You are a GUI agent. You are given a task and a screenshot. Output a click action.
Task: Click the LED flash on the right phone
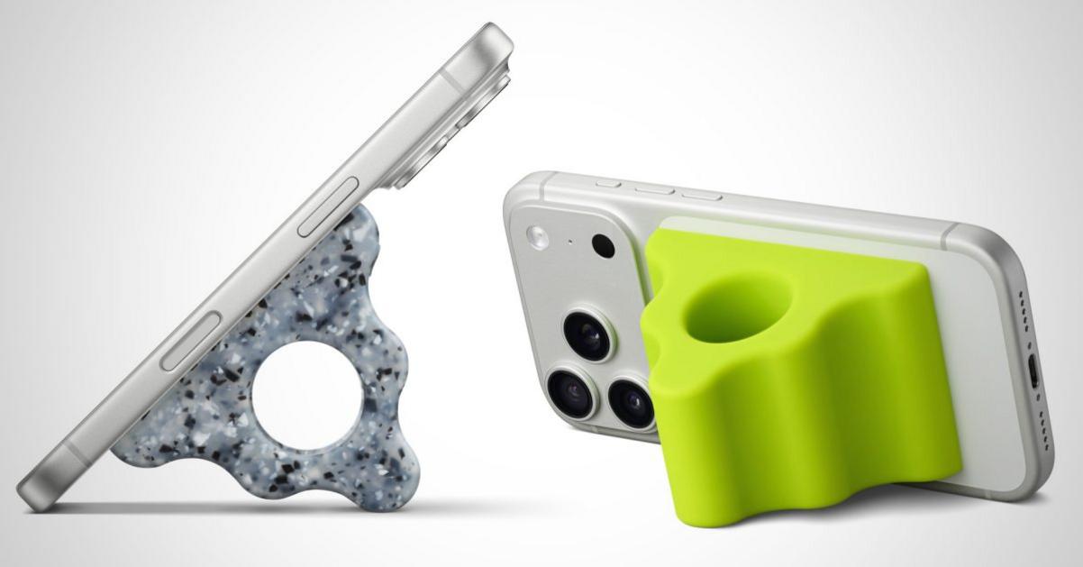tap(538, 236)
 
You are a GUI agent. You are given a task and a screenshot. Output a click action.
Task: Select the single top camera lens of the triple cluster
tap(587, 334)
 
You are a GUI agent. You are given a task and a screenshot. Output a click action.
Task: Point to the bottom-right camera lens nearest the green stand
tap(631, 402)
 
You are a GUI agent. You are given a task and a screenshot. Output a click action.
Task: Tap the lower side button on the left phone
tap(191, 341)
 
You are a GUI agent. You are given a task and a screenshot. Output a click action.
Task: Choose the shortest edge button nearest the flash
tap(609, 184)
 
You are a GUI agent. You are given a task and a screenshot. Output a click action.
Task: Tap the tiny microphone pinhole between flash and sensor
tap(571, 242)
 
